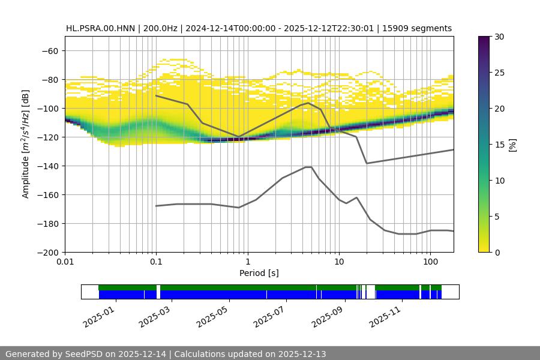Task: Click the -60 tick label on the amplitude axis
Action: pyautogui.click(x=49, y=51)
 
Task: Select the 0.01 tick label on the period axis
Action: pyautogui.click(x=65, y=262)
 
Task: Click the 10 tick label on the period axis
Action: pyautogui.click(x=338, y=262)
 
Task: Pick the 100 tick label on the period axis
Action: pyautogui.click(x=430, y=262)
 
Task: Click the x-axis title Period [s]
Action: pyautogui.click(x=259, y=273)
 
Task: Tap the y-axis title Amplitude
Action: pyautogui.click(x=26, y=144)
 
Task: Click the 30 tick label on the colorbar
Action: pyautogui.click(x=499, y=37)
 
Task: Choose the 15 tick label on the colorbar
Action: pyautogui.click(x=499, y=145)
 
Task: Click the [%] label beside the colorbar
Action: pyautogui.click(x=512, y=145)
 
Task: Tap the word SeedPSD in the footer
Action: pyautogui.click(x=85, y=354)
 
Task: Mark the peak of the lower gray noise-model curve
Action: pyautogui.click(x=308, y=167)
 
